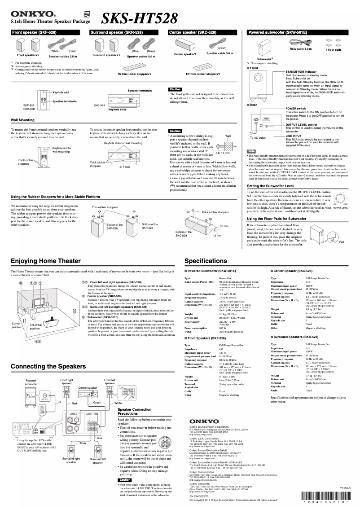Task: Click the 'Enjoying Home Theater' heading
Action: click(x=46, y=261)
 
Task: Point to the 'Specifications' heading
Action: click(x=208, y=261)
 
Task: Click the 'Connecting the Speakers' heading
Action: click(x=48, y=366)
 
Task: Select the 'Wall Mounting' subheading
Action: click(x=22, y=120)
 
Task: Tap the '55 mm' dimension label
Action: click(x=224, y=226)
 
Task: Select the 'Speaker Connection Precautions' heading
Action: click(x=134, y=411)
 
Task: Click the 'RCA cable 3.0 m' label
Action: click(x=300, y=48)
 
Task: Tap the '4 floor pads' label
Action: click(x=334, y=48)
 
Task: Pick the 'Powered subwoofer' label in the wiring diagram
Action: click(x=31, y=382)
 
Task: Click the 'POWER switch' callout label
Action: click(x=295, y=109)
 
